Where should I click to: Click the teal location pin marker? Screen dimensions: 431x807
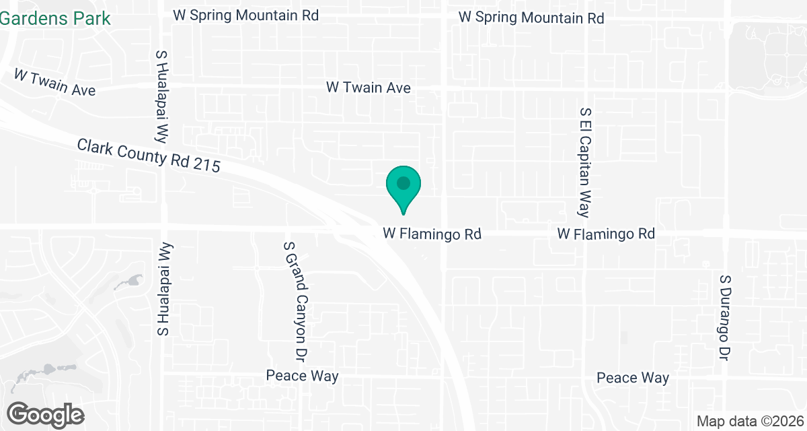pyautogui.click(x=403, y=189)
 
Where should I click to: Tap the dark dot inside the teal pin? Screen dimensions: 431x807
pyautogui.click(x=403, y=183)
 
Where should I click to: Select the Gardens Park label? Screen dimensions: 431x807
pyautogui.click(x=55, y=18)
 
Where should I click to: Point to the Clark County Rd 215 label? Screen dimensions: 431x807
pyautogui.click(x=148, y=156)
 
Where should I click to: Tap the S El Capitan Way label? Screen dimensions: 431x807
pyautogui.click(x=585, y=162)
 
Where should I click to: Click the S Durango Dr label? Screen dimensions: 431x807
pyautogui.click(x=724, y=317)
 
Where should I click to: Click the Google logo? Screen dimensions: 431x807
pyautogui.click(x=46, y=414)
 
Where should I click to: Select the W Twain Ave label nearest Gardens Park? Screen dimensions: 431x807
pyautogui.click(x=54, y=83)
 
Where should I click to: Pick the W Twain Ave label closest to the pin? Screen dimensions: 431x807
pyautogui.click(x=368, y=88)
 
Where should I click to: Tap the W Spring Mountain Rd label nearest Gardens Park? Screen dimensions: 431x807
pyautogui.click(x=245, y=15)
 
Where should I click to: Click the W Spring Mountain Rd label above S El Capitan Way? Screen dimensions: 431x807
pyautogui.click(x=531, y=18)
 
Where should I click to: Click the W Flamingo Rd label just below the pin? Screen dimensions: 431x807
pyautogui.click(x=432, y=234)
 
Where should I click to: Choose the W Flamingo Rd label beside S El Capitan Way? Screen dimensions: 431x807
pyautogui.click(x=606, y=234)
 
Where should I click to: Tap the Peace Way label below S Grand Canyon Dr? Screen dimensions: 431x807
pyautogui.click(x=302, y=376)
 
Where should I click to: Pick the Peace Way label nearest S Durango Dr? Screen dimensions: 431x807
pyautogui.click(x=633, y=378)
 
